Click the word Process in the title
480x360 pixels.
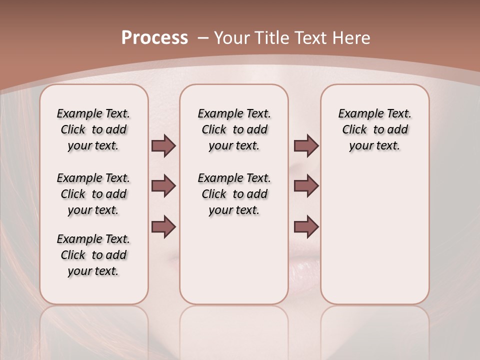click(154, 37)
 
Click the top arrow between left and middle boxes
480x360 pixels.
click(163, 145)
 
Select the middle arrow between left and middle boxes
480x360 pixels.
click(163, 186)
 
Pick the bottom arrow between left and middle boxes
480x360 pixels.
click(163, 226)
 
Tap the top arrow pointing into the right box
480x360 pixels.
click(306, 145)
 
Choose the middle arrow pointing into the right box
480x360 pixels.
click(306, 186)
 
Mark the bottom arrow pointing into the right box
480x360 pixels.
click(306, 226)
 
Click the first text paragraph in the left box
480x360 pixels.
click(93, 129)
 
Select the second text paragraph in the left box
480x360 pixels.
click(93, 194)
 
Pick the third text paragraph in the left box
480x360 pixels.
click(93, 255)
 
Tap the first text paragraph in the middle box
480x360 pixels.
click(234, 129)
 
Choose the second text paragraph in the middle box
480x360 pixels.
click(234, 194)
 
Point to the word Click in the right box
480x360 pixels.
click(354, 130)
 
